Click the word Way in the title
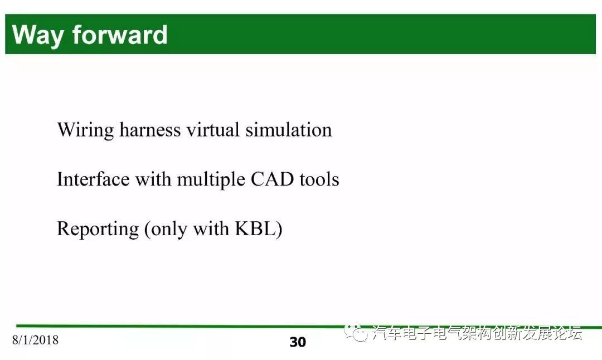tap(38, 36)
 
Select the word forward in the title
tap(120, 35)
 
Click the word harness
tap(150, 130)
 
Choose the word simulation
tap(289, 130)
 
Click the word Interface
tap(93, 179)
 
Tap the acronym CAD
tap(272, 179)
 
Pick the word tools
tap(319, 179)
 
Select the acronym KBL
tap(255, 228)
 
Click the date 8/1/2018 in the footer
tap(35, 340)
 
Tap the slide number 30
tap(298, 342)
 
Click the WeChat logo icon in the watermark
tap(356, 332)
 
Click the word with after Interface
tap(153, 179)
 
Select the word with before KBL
tap(211, 228)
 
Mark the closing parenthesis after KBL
tap(279, 230)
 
